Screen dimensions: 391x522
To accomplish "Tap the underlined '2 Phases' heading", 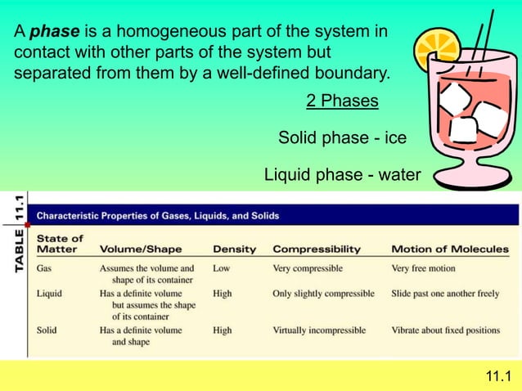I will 342,101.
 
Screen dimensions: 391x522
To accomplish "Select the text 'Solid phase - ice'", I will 342,137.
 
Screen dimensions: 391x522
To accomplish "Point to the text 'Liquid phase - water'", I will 342,174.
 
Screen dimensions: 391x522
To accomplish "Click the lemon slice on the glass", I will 436,50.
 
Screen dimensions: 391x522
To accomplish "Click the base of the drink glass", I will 470,175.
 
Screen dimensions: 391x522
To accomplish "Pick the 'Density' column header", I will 234,249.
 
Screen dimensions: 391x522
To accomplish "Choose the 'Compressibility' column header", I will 316,249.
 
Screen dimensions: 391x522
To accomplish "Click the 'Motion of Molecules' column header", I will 449,249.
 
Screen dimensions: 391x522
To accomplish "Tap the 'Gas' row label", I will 46,267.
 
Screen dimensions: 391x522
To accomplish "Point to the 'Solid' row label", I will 47,330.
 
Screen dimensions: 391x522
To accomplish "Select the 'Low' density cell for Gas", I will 221,267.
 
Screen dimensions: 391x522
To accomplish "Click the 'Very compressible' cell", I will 308,267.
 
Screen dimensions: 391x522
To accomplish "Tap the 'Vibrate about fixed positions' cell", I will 445,330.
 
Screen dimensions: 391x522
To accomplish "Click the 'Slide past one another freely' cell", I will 445,293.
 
